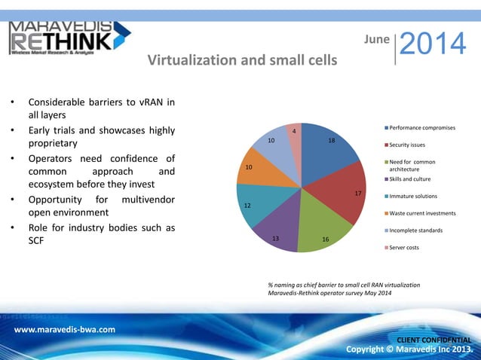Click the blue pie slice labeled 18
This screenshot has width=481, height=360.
coord(328,151)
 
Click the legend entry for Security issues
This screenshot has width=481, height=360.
coord(406,145)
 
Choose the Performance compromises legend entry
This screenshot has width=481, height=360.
coord(421,128)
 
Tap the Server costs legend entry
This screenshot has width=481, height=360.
coord(403,248)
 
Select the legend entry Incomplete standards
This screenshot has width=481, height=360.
coord(415,230)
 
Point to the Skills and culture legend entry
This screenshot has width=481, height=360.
coord(410,179)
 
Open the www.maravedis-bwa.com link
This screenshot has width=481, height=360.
coord(65,329)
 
